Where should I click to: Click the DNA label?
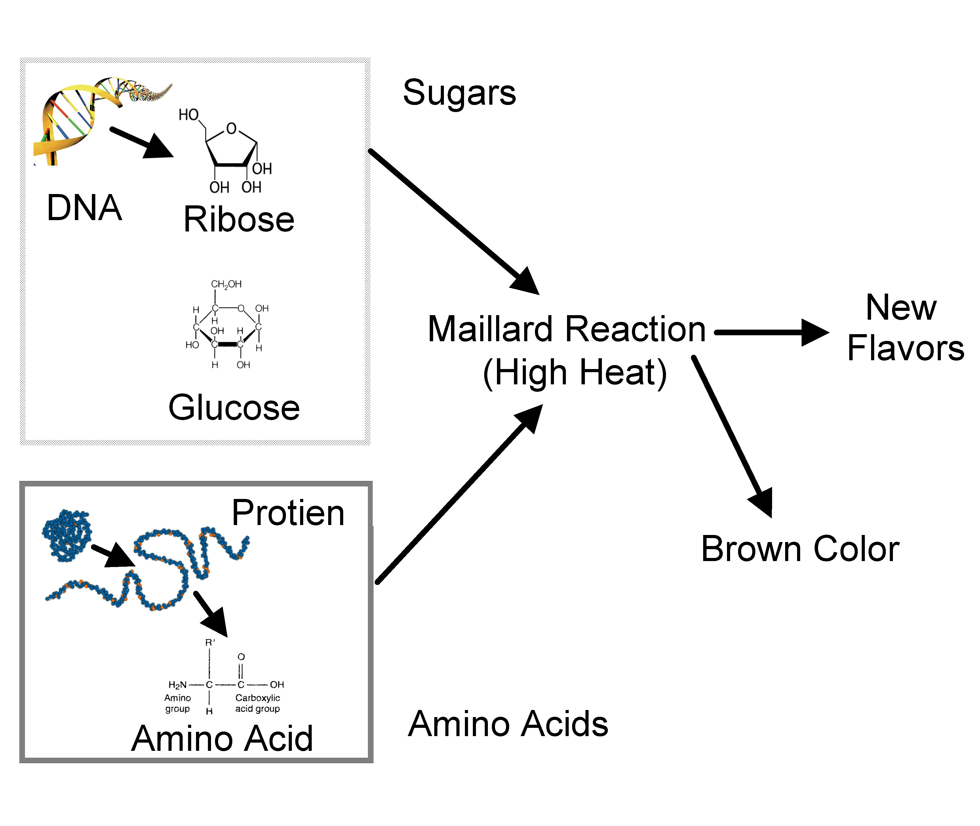[x=84, y=207]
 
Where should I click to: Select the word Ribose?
[x=239, y=219]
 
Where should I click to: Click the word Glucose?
[x=234, y=407]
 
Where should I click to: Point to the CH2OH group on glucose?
[x=226, y=284]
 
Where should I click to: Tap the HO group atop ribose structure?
[x=189, y=115]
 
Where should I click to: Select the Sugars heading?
[x=459, y=93]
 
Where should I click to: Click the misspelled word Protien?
[x=288, y=513]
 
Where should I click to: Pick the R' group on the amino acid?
[x=210, y=642]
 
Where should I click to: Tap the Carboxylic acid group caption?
[x=258, y=703]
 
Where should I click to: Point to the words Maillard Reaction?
[x=566, y=329]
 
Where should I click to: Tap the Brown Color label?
[x=800, y=549]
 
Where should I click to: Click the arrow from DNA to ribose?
[x=140, y=142]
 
